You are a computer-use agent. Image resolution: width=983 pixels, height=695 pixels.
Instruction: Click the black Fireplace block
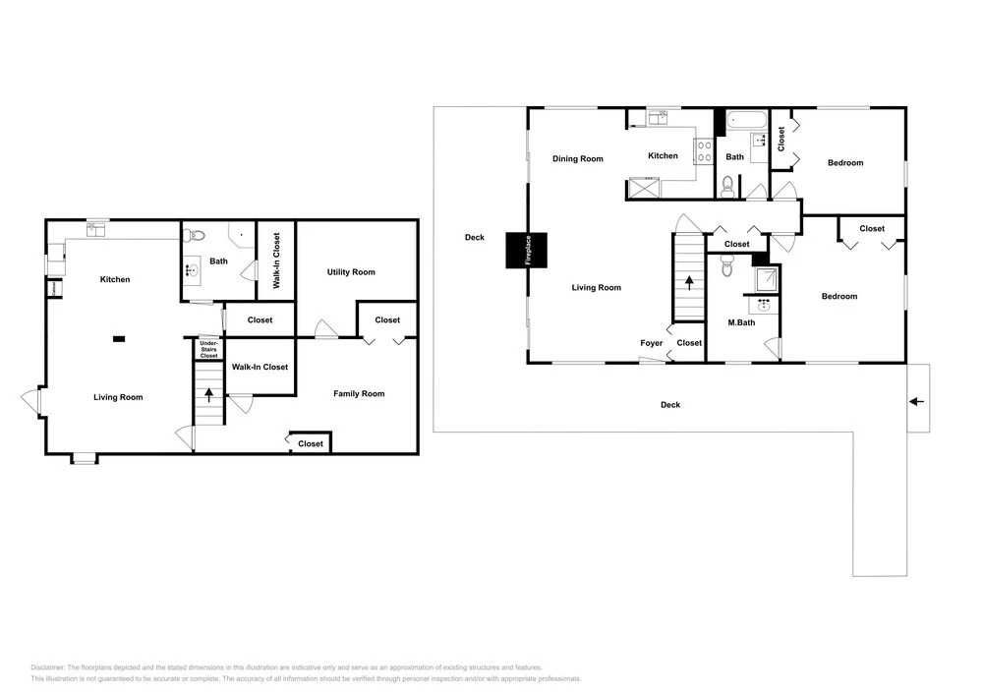(527, 251)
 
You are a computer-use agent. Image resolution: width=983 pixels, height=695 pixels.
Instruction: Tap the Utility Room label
(351, 272)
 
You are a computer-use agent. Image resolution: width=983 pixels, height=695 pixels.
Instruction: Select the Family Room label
(359, 393)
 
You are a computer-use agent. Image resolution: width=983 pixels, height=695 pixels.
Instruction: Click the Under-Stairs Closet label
(208, 349)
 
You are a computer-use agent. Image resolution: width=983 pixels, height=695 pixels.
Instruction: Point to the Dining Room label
(577, 159)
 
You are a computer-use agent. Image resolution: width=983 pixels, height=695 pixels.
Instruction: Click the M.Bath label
(741, 322)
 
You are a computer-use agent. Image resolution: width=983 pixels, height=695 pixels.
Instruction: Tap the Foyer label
(652, 343)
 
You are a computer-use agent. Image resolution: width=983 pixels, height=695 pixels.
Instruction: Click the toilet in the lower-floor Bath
(195, 236)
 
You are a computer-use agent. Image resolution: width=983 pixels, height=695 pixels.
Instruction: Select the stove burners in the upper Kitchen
(704, 151)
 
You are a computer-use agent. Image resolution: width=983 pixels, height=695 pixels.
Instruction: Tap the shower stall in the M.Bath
(766, 279)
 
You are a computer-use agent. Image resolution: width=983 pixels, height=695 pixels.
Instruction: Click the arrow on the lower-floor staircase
(208, 395)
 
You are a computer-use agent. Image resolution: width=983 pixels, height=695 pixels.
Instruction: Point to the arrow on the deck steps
(916, 401)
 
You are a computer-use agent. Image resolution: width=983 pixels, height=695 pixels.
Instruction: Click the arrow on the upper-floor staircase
(690, 283)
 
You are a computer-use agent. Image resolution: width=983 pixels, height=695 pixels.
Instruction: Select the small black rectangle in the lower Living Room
(119, 339)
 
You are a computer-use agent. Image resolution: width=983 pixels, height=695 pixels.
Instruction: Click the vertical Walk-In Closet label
(276, 261)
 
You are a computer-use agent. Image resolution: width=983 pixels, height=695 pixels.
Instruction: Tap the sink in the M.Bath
(764, 306)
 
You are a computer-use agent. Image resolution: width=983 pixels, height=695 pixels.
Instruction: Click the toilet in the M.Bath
(727, 265)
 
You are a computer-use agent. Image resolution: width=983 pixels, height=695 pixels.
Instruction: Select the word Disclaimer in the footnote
(47, 667)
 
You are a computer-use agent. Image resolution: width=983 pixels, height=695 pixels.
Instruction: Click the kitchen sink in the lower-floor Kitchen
(96, 229)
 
